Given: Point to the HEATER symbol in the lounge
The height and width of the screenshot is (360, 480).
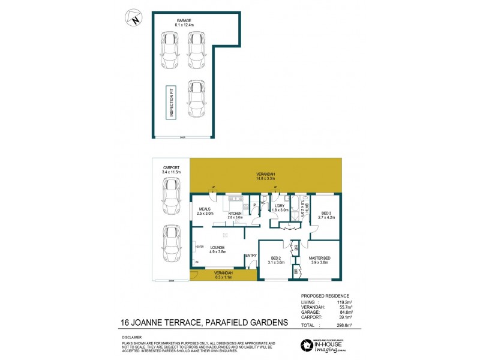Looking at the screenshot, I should pos(199,247).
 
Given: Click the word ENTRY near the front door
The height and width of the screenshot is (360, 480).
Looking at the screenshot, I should pos(251,256).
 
